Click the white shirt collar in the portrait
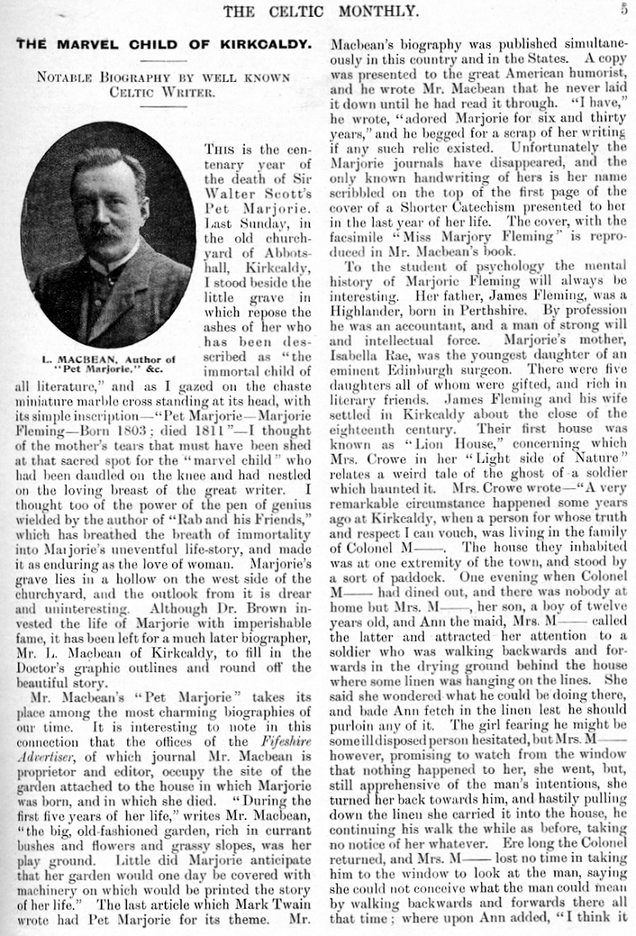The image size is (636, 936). click(106, 265)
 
